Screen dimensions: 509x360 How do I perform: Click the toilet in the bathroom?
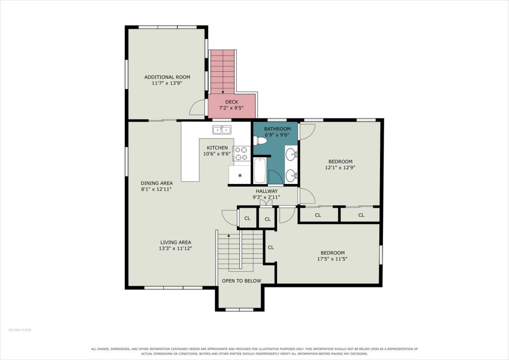pos(260,141)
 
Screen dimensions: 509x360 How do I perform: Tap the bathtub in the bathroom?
pos(260,170)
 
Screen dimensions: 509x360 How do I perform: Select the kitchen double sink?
pos(222,130)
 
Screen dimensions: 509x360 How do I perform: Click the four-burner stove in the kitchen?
pos(241,153)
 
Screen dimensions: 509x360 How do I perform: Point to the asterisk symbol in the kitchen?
pos(240,176)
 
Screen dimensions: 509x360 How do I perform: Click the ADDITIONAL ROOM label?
pos(167,77)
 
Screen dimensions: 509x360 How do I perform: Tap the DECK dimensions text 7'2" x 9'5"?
pos(231,108)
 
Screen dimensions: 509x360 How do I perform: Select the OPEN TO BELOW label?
pos(241,281)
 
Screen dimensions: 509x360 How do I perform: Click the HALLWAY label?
pos(267,191)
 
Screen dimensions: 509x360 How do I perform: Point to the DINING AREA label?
pos(157,183)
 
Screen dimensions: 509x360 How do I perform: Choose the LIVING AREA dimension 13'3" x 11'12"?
pos(176,248)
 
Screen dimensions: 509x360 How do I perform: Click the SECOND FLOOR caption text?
pos(20,330)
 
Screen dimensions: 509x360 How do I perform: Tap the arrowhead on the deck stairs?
pos(223,92)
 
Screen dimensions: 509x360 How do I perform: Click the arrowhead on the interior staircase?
pos(229,235)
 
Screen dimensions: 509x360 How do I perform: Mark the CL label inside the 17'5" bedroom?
pos(271,247)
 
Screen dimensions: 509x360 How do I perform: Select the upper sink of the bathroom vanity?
pos(291,154)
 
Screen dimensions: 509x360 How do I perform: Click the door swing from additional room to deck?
pos(197,107)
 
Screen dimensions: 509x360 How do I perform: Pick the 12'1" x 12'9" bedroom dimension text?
pos(340,167)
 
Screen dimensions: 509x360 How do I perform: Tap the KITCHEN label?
pos(217,148)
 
